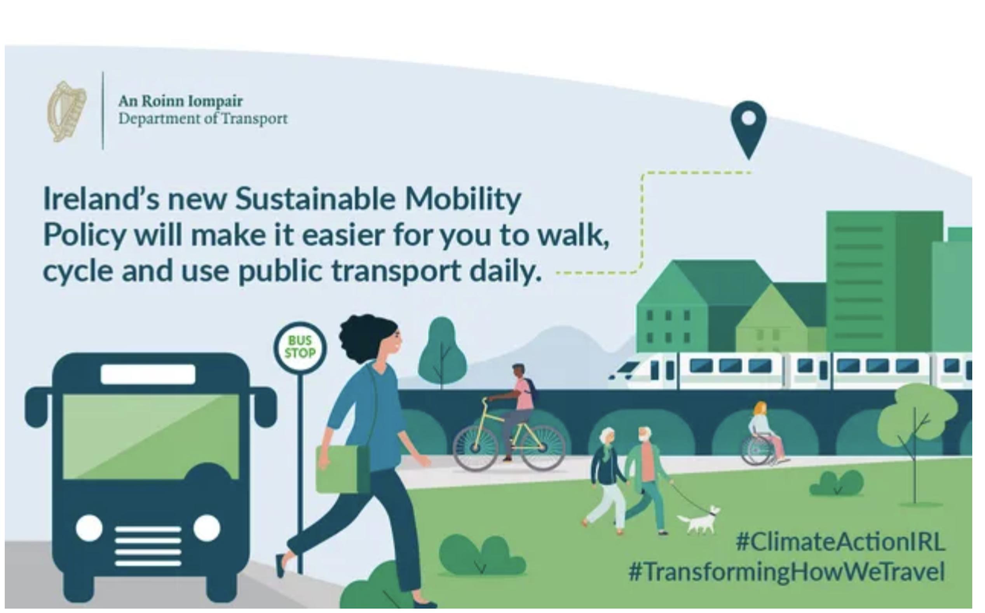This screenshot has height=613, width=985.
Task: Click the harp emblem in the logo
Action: (x=67, y=111)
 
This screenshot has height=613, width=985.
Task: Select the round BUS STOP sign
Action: (x=300, y=347)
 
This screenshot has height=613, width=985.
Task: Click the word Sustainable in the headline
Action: (x=315, y=199)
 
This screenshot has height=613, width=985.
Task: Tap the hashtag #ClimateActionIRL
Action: (x=840, y=541)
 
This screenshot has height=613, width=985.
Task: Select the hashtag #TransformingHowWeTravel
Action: (x=787, y=572)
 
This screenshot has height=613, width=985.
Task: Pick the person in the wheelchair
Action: (x=764, y=434)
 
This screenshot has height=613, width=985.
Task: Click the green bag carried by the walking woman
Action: (x=342, y=469)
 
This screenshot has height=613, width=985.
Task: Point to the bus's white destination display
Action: (x=148, y=374)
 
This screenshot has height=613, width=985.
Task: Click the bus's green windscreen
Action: (x=151, y=436)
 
